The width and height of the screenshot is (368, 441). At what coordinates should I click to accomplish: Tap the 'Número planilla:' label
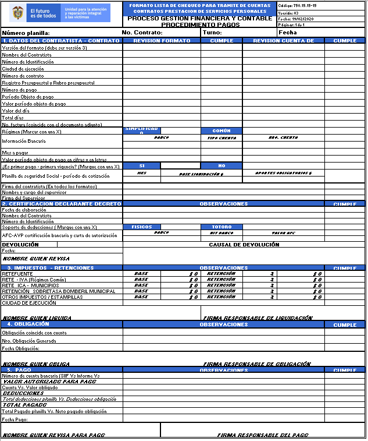(x=26, y=33)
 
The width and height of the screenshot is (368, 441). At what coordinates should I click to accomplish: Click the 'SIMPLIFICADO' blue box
(x=142, y=130)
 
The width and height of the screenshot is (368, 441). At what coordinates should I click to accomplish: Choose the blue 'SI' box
(x=142, y=166)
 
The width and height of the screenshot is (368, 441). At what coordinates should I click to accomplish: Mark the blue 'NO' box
(x=221, y=166)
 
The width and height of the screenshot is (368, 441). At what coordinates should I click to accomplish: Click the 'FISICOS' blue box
(x=142, y=227)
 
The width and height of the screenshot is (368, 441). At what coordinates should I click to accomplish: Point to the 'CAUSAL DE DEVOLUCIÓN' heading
(x=244, y=245)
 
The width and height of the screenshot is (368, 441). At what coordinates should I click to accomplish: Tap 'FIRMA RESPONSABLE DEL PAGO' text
(x=263, y=435)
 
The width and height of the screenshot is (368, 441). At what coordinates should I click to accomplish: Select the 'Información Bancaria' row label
(x=24, y=141)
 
